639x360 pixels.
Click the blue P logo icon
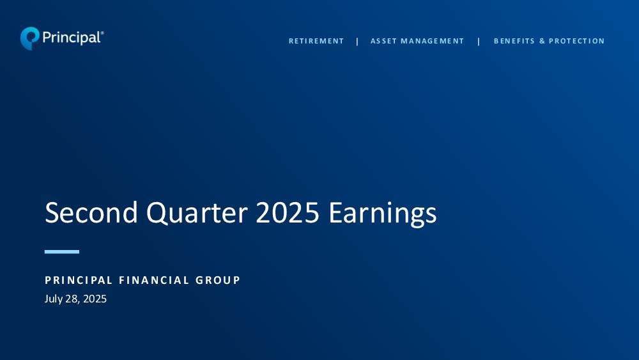30,38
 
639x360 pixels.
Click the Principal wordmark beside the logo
72,38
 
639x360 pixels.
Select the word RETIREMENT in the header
316,41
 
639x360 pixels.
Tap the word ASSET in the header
383,41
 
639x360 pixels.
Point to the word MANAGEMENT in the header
433,41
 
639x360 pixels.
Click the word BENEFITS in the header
514,41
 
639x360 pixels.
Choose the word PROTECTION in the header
576,41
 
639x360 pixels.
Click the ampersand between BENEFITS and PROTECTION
542,41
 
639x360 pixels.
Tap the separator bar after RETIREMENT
357,41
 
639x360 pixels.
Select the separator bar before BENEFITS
479,41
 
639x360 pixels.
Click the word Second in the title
91,212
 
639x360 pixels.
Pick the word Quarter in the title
197,213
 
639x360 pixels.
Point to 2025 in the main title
288,212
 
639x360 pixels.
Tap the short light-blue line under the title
62,252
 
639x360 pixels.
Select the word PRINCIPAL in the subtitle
79,280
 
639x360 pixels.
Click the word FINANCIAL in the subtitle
154,280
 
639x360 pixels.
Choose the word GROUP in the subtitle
218,280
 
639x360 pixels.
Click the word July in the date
54,299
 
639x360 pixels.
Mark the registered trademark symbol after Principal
102,33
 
